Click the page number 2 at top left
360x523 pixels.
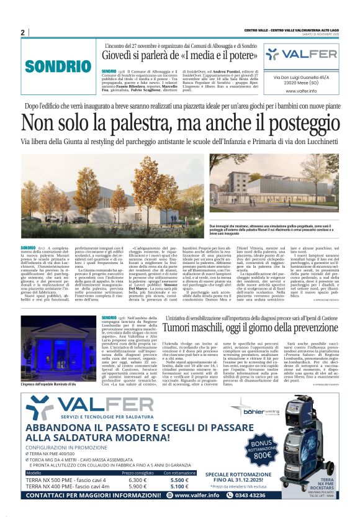coord(22,32)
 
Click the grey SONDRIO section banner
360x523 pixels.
coord(55,65)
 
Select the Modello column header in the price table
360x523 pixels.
coord(34,473)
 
